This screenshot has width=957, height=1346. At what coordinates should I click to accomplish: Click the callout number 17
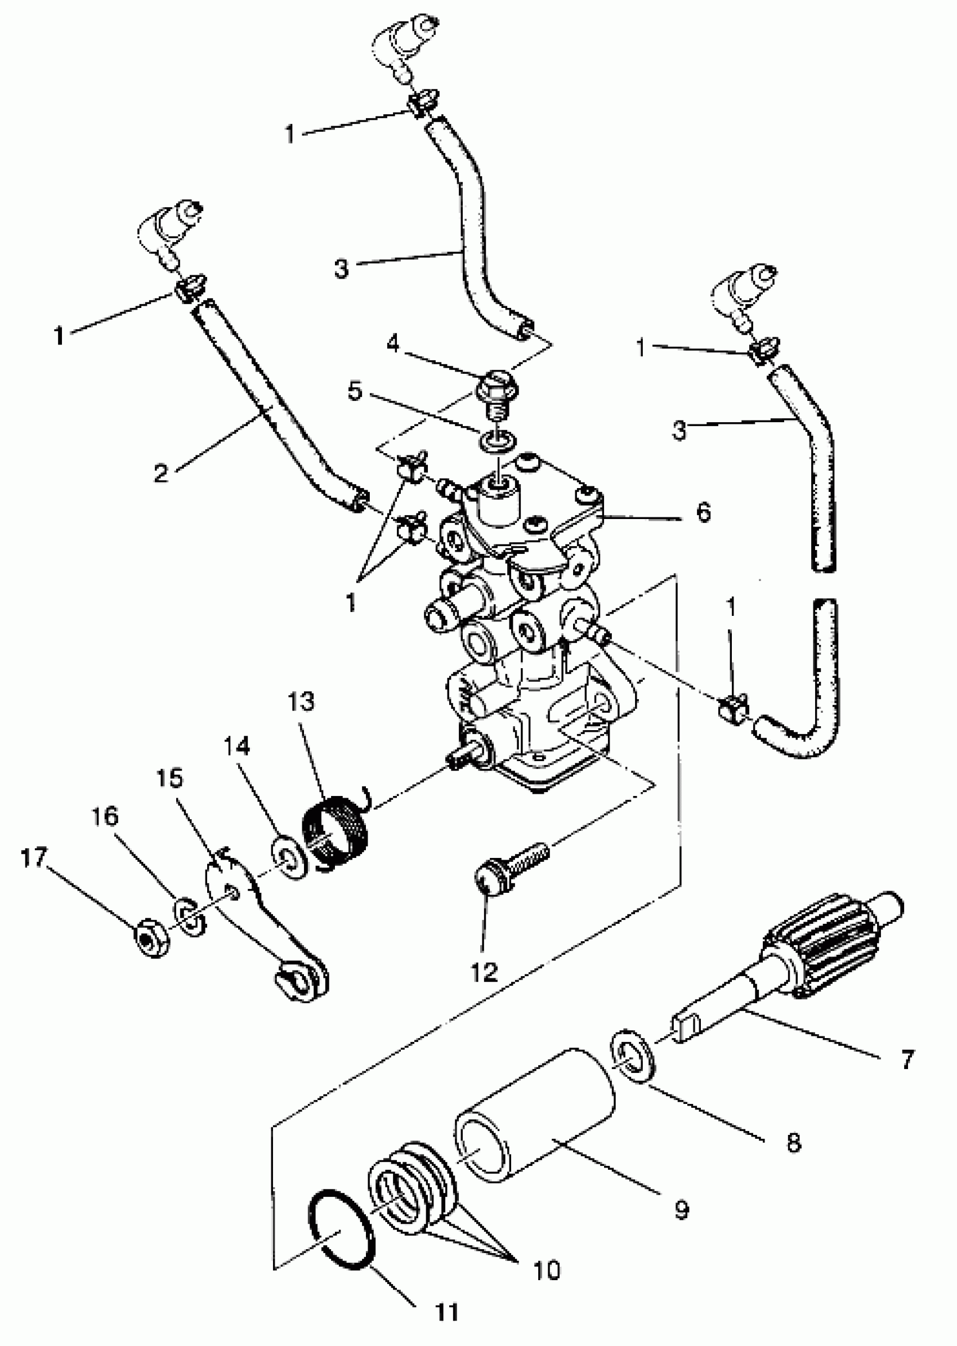34,858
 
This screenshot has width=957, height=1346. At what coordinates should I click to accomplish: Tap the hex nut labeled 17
152,938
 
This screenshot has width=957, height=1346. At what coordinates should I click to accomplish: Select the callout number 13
301,702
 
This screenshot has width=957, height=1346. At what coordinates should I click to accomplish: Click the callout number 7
907,1059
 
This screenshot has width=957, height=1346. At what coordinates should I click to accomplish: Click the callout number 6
704,513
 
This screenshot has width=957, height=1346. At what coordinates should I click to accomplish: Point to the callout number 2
160,473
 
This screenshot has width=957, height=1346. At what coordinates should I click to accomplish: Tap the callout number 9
681,1210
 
